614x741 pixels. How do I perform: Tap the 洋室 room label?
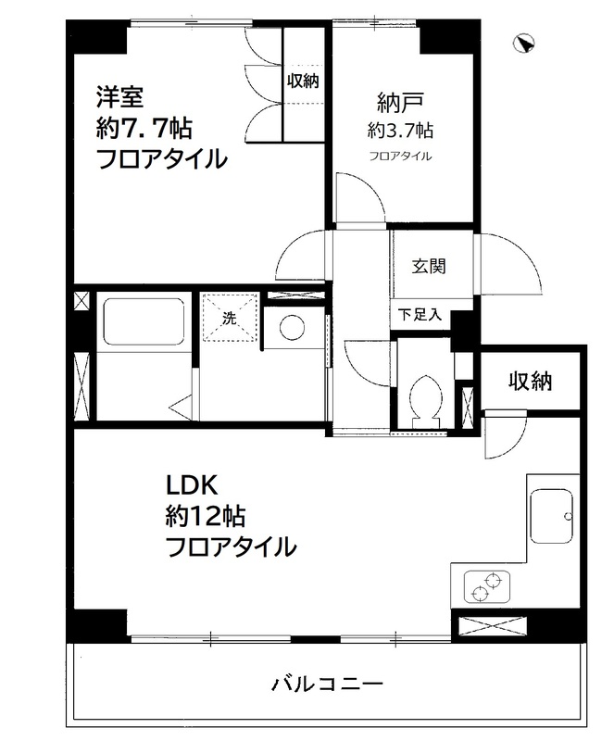pyautogui.click(x=117, y=95)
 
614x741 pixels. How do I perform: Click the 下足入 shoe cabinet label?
pyautogui.click(x=420, y=314)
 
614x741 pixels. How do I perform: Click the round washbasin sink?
pyautogui.click(x=292, y=327)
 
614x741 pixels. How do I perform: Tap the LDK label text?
pyautogui.click(x=190, y=484)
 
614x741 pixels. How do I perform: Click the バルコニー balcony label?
pyautogui.click(x=327, y=686)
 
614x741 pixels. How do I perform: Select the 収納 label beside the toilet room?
pyautogui.click(x=529, y=380)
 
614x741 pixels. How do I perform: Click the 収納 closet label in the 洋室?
pyautogui.click(x=302, y=82)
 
